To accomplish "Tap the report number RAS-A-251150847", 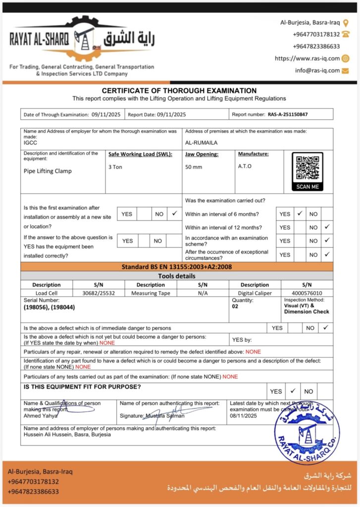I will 288,114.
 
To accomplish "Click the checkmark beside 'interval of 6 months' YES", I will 300,213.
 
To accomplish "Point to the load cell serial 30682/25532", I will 98,293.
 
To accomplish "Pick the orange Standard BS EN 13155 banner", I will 177,267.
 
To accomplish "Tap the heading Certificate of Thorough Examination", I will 179,91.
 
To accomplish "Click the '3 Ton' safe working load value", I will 115,167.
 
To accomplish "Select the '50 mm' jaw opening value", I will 193,167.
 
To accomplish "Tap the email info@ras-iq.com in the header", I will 317,70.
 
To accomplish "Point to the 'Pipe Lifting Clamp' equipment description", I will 48,171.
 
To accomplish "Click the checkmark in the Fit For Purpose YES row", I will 293,390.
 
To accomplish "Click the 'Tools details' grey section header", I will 177,276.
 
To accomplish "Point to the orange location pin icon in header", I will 346,22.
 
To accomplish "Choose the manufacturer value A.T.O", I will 245,166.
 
